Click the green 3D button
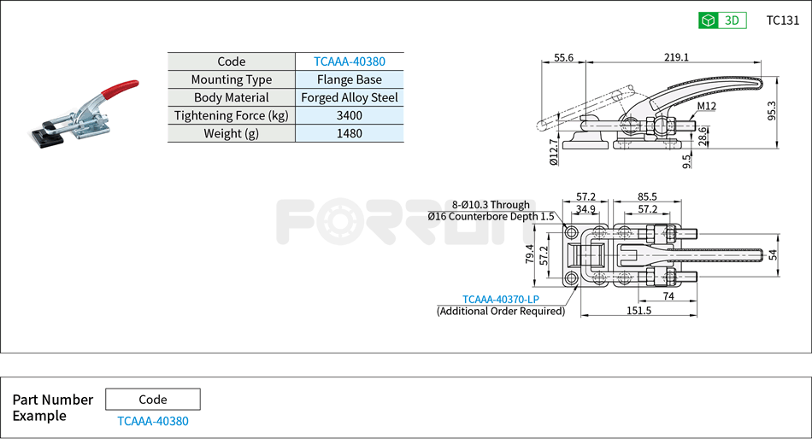pyautogui.click(x=722, y=20)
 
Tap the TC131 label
pyautogui.click(x=782, y=20)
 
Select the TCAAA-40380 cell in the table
pyautogui.click(x=349, y=61)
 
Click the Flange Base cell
pyautogui.click(x=349, y=79)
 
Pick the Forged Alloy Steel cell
pyautogui.click(x=349, y=97)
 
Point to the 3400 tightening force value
pyautogui.click(x=349, y=115)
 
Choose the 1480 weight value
pyautogui.click(x=349, y=133)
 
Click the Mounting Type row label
pyautogui.click(x=231, y=79)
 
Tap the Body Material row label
pyautogui.click(x=231, y=97)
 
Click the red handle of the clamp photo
pyautogui.click(x=120, y=87)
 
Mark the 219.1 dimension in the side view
pyautogui.click(x=675, y=57)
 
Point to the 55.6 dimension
pyautogui.click(x=563, y=57)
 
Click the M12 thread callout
pyautogui.click(x=706, y=106)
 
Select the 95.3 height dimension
pyautogui.click(x=772, y=111)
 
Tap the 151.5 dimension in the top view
pyautogui.click(x=638, y=311)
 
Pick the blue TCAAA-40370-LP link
pyautogui.click(x=500, y=299)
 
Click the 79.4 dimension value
pyautogui.click(x=530, y=254)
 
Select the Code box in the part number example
pyautogui.click(x=152, y=399)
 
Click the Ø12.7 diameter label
pyautogui.click(x=554, y=153)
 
